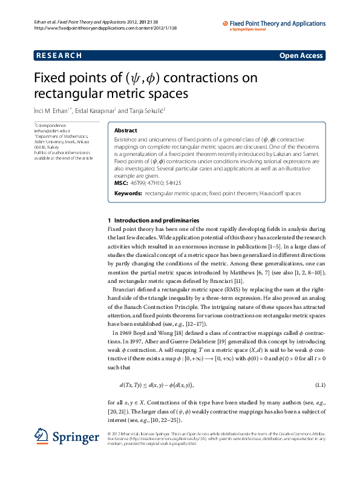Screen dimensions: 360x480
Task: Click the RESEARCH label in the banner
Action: pos(59,56)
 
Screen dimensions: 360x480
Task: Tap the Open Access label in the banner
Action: pos(301,56)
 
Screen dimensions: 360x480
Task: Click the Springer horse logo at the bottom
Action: pos(42,436)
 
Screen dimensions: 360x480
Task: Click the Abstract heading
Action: pos(126,131)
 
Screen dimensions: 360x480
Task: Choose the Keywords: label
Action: pos(128,193)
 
